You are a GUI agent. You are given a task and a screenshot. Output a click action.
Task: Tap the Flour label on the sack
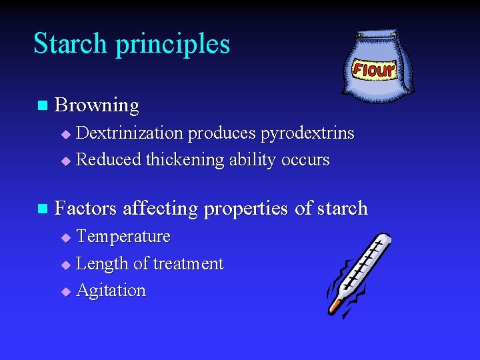(x=374, y=69)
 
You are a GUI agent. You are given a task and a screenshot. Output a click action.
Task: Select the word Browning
(x=97, y=105)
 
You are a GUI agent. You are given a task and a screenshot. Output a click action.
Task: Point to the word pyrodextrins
(x=307, y=133)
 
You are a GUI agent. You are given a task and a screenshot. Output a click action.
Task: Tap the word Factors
(x=86, y=209)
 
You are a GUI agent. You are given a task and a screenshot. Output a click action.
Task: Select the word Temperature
(x=123, y=237)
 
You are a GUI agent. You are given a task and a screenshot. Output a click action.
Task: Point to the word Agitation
(x=111, y=291)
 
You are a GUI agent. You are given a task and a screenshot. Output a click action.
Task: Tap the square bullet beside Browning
(x=43, y=105)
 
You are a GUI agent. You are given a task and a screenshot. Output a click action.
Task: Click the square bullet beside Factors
(x=43, y=209)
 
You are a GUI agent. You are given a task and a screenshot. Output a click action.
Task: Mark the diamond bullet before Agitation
(x=65, y=291)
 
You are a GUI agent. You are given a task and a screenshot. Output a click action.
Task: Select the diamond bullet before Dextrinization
(x=65, y=134)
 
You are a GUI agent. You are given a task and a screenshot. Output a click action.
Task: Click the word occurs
(x=305, y=160)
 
